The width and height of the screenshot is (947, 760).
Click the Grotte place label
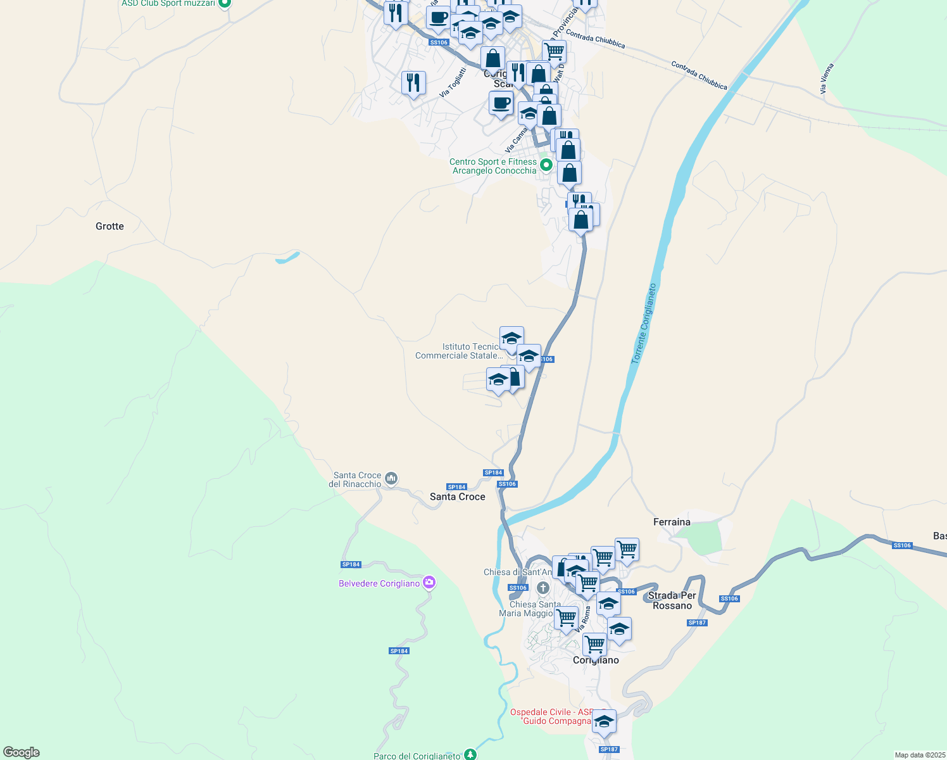(110, 226)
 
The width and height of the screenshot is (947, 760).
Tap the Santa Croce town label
(457, 497)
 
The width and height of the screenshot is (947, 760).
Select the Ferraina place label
(672, 522)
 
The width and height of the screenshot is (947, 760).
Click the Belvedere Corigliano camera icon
(429, 583)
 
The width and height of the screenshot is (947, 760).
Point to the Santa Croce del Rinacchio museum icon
(391, 479)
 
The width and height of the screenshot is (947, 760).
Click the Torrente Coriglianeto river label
(644, 324)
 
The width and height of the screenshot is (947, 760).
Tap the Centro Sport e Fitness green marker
(546, 167)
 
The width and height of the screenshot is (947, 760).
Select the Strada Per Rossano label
(672, 600)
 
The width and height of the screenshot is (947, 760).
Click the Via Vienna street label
(827, 79)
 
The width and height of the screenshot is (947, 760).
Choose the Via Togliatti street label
(453, 82)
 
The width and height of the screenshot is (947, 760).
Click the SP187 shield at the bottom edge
(609, 749)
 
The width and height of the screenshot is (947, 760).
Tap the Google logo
(22, 752)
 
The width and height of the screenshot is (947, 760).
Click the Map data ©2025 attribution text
(919, 755)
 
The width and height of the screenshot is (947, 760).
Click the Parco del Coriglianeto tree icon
(470, 754)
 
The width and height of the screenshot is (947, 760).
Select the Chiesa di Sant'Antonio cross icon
(542, 588)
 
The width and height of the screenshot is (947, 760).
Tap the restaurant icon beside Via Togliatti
(413, 82)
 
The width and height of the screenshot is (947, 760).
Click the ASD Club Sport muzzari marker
(224, 3)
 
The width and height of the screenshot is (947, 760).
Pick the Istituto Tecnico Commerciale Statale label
(459, 351)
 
